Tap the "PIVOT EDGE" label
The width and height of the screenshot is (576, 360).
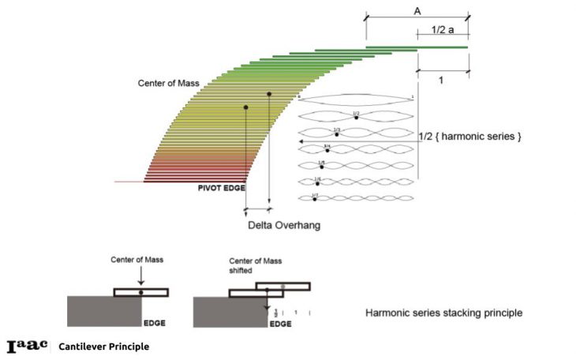tap(222, 188)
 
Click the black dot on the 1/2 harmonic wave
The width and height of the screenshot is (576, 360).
tap(357, 118)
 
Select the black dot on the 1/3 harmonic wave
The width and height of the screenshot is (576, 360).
tap(337, 134)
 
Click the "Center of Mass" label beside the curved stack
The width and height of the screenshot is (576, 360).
tap(166, 82)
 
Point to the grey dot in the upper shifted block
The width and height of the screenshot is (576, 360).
tap(282, 284)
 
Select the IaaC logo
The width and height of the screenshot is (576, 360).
tap(28, 346)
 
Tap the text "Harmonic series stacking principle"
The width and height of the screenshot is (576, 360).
tap(443, 313)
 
